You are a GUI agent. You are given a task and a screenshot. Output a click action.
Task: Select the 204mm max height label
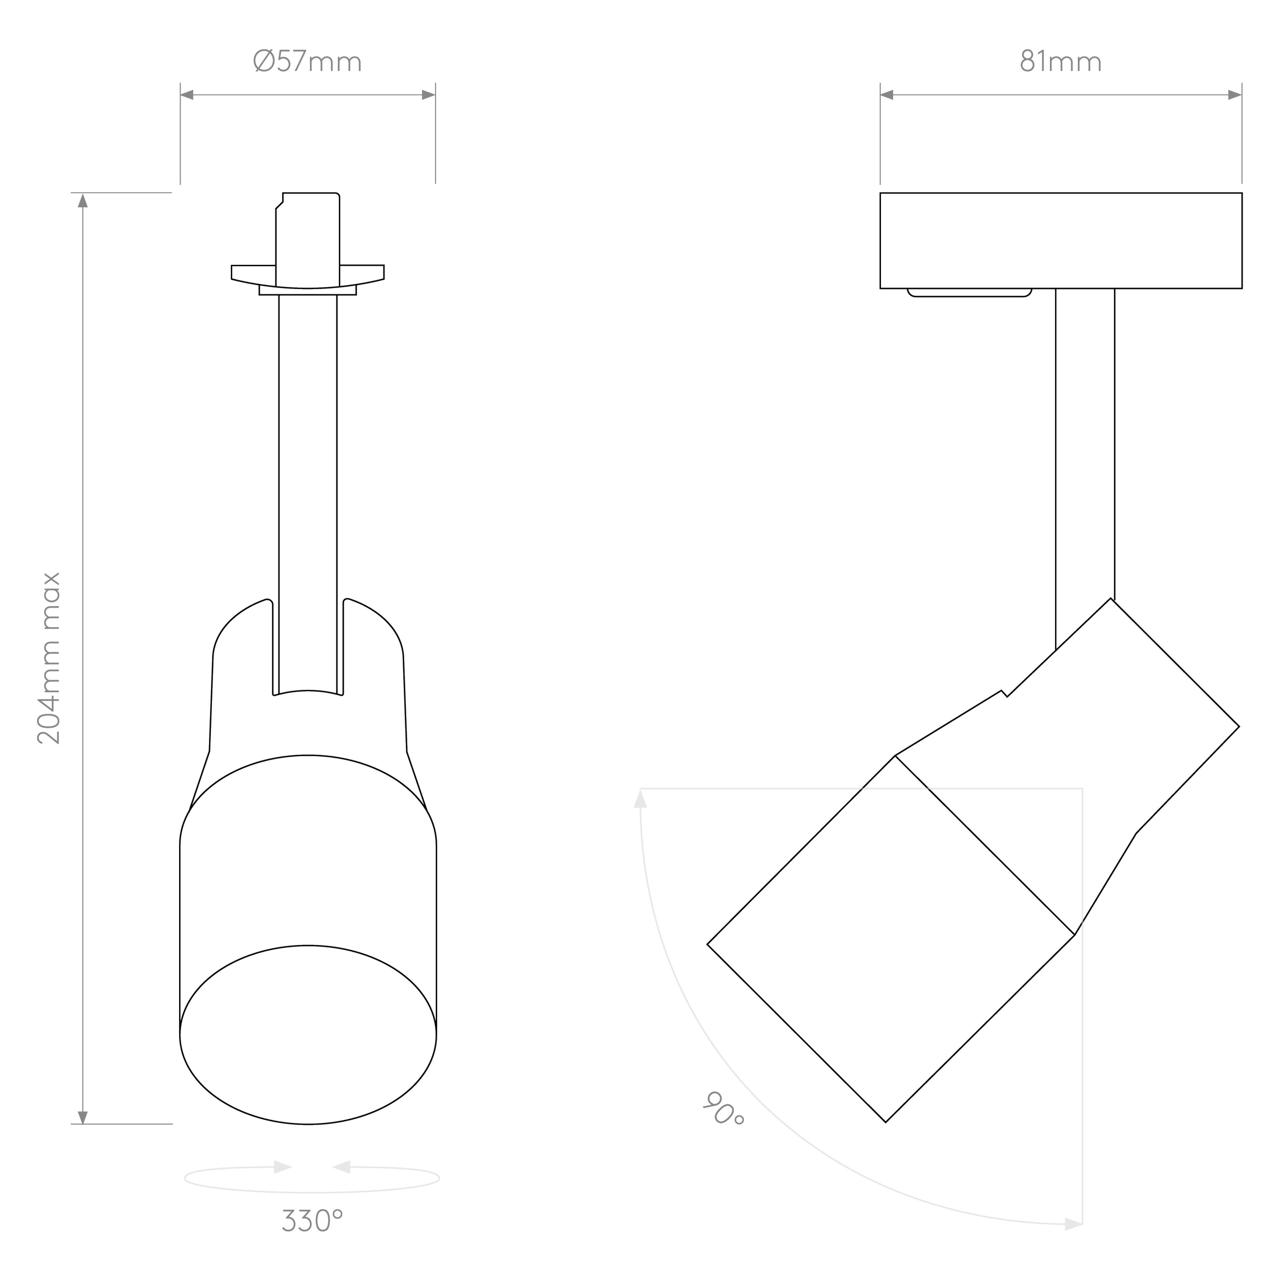tap(49, 658)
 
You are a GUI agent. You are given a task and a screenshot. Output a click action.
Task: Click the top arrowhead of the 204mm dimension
tap(83, 200)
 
